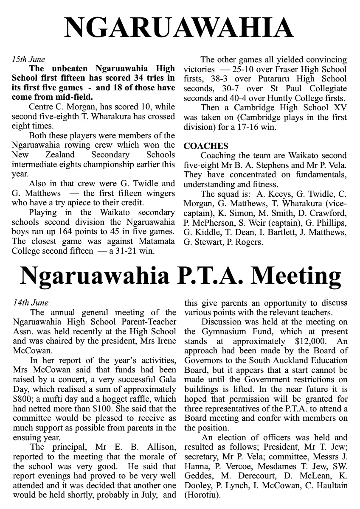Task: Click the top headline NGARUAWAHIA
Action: coord(180,28)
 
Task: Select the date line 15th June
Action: coord(28,59)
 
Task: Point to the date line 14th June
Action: coord(31,303)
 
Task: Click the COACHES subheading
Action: coord(206,146)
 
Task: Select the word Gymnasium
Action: coord(222,332)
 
